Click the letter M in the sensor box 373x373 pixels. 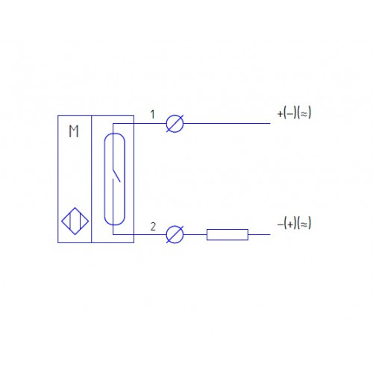point(74,131)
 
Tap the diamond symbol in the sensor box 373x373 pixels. point(75,221)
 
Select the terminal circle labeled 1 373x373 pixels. point(175,123)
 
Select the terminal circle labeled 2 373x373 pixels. point(175,234)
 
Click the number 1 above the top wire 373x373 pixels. point(153,114)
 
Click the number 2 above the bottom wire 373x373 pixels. point(153,227)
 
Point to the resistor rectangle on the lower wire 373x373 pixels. point(228,234)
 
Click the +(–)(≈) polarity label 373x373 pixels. point(294,113)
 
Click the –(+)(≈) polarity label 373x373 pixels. point(294,223)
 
